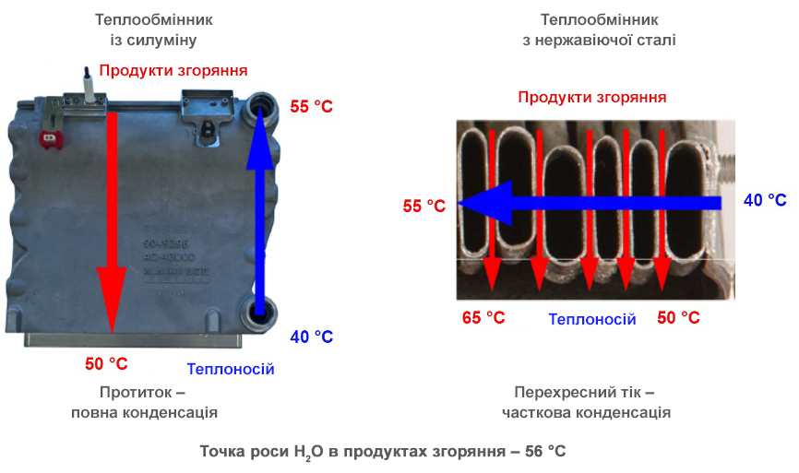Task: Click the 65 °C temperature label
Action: tap(483, 318)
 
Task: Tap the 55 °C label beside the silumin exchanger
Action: tap(311, 107)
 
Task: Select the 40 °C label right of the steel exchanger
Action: tap(765, 200)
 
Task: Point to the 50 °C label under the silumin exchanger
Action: tap(106, 364)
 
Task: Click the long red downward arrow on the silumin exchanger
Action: tap(112, 221)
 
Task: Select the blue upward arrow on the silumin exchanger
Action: tap(260, 212)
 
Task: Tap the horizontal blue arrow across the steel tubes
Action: tap(590, 203)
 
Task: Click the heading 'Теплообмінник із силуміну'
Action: tap(147, 30)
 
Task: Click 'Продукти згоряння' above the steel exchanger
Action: tap(591, 98)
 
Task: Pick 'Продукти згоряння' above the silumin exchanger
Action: tap(173, 70)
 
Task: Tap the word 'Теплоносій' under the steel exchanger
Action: tap(592, 319)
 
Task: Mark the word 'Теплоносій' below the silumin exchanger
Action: tap(231, 370)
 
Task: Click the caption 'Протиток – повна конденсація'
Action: tap(144, 402)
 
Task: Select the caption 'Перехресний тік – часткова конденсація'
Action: tap(586, 402)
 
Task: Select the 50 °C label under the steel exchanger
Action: tap(678, 318)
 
